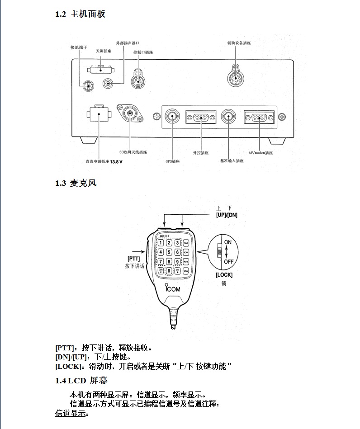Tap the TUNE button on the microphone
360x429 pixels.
pos(185,243)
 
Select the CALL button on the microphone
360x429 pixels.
pos(185,270)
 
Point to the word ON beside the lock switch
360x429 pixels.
pos(228,242)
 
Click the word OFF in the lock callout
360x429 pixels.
pos(229,261)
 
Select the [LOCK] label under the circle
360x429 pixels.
pos(224,274)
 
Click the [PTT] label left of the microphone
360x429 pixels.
pos(134,259)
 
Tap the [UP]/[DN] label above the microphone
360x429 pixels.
pos(227,215)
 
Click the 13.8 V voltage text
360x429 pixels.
pos(117,161)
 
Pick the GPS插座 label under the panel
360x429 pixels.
pos(173,161)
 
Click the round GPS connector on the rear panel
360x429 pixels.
pos(172,116)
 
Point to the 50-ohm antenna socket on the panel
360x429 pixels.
pos(131,113)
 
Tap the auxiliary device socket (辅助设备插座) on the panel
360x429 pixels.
pos(236,78)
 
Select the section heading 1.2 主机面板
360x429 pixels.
pos(81,14)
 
